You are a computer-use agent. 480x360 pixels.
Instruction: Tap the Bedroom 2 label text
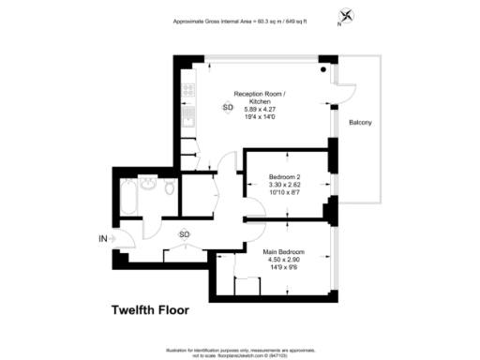coord(284,176)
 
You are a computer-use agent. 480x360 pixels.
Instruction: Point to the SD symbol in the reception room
coord(228,108)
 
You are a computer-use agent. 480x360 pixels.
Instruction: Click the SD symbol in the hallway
coord(184,234)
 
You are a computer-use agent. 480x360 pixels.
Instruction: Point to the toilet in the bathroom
coord(167,189)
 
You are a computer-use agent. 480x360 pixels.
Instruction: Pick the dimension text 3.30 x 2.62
coord(284,186)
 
